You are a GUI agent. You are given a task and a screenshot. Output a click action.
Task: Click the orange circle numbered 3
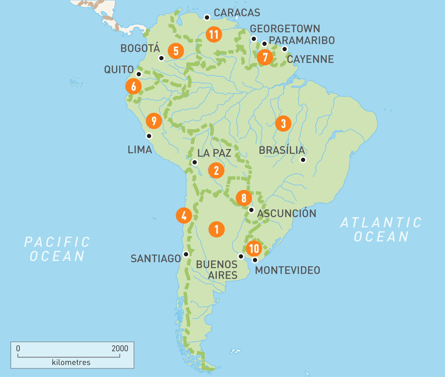283,124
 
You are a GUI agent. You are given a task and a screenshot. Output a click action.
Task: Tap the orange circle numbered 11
214,34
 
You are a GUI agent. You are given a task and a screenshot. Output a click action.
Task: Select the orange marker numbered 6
133,87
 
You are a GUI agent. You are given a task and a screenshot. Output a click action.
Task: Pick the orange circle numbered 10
254,248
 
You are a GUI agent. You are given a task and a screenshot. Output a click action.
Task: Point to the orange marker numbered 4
184,215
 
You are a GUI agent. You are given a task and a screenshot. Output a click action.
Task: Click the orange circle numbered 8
244,198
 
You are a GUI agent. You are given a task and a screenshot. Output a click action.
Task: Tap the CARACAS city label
237,13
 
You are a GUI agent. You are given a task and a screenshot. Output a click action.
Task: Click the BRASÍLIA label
282,150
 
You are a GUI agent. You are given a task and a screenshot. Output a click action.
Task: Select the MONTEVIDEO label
287,270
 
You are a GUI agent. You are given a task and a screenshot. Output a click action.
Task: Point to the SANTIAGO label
156,259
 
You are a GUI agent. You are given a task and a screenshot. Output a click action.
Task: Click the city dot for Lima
149,136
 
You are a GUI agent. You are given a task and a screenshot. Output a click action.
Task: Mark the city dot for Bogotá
162,58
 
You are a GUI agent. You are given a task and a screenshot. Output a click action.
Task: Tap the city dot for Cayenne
284,49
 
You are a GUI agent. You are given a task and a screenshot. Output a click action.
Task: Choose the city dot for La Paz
195,162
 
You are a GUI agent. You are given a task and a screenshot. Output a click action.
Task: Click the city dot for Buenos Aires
241,256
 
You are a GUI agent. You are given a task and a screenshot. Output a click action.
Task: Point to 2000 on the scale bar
120,348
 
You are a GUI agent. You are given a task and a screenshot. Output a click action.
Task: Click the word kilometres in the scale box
71,363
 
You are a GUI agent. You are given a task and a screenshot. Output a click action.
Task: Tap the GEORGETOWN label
285,29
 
